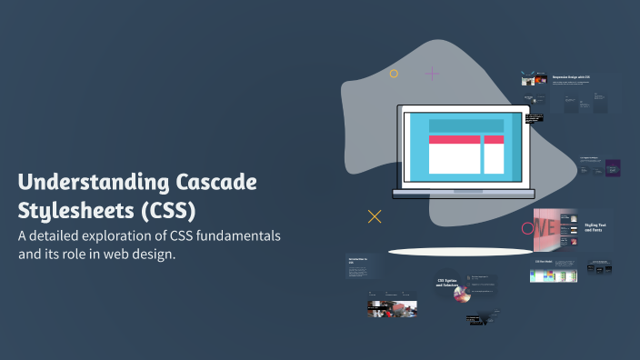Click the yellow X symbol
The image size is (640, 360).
[374, 216]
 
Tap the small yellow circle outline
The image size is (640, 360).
[394, 74]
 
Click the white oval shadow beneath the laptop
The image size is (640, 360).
[460, 251]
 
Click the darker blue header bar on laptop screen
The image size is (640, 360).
[465, 126]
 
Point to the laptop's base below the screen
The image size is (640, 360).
[464, 193]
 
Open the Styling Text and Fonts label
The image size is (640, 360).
[596, 226]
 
